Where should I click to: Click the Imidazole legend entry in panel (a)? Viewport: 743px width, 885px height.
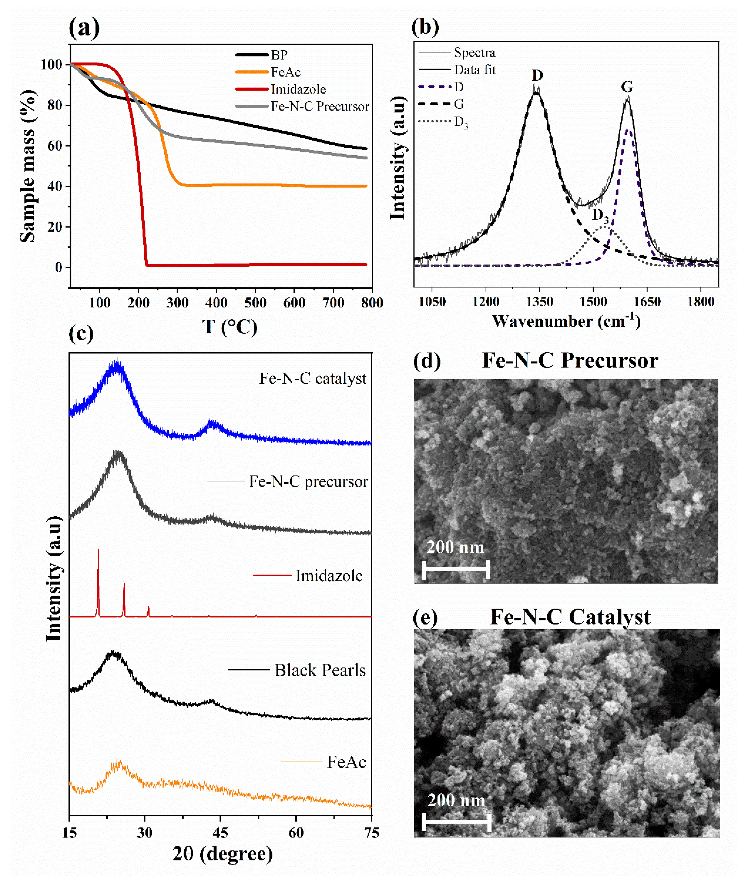[x=298, y=89]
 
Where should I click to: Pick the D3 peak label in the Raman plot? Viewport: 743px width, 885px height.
[x=600, y=216]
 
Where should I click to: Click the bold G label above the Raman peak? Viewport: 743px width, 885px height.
[x=627, y=87]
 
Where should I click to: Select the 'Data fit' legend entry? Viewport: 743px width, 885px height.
[x=475, y=70]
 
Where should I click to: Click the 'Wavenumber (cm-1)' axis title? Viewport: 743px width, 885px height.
[x=566, y=321]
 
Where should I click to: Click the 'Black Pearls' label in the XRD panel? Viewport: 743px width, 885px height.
[x=320, y=670]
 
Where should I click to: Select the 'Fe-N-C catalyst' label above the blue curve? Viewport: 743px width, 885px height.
[x=313, y=378]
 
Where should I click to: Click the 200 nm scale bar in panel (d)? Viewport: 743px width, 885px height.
[x=456, y=570]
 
